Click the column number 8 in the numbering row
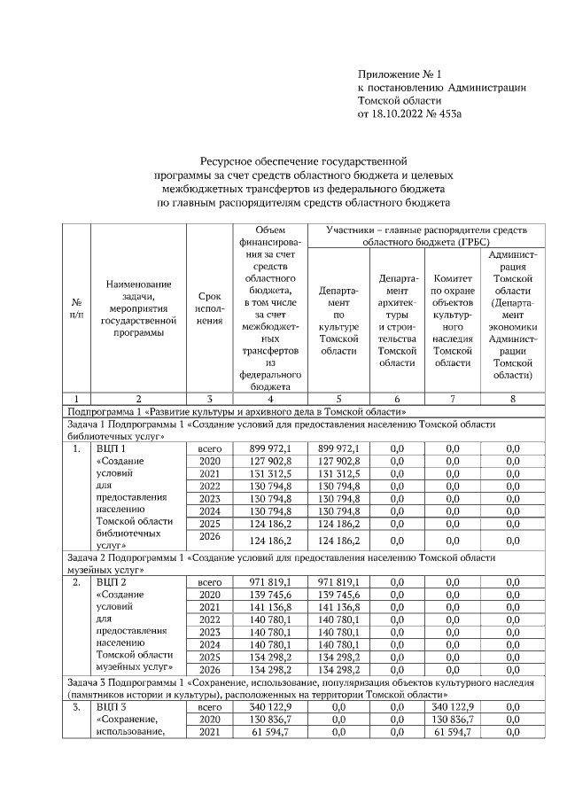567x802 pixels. tap(512, 398)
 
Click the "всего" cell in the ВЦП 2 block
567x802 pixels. tap(208, 581)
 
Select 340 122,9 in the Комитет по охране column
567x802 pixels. tap(453, 708)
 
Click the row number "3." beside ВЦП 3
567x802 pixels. tap(76, 708)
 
